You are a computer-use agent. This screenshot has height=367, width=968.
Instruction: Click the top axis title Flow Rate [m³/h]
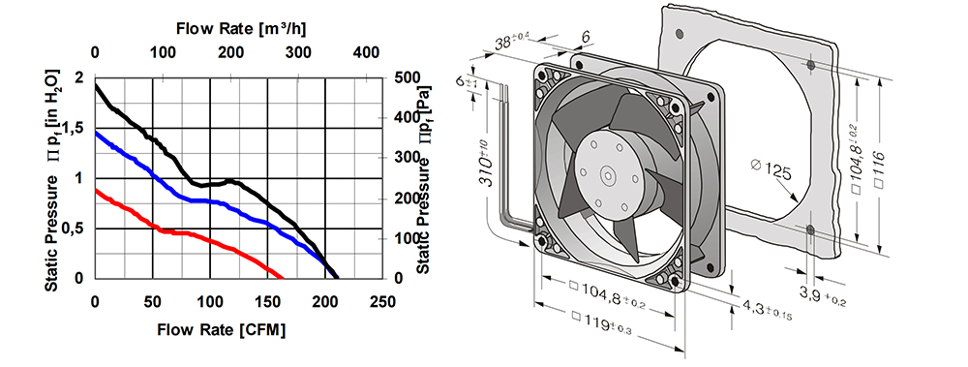click(x=241, y=28)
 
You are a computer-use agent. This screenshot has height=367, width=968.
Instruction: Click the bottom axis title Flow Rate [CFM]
click(x=222, y=329)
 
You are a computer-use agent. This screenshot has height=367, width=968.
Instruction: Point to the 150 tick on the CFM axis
click(x=267, y=301)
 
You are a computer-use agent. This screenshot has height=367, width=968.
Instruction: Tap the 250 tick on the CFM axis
click(x=382, y=301)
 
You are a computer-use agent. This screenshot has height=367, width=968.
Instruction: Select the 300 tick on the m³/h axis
click(x=298, y=53)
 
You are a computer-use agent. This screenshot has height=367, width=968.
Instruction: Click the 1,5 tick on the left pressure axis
click(x=73, y=128)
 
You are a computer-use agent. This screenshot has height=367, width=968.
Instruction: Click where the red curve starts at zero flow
click(x=96, y=190)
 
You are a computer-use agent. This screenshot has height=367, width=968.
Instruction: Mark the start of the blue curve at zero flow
click(x=96, y=132)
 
